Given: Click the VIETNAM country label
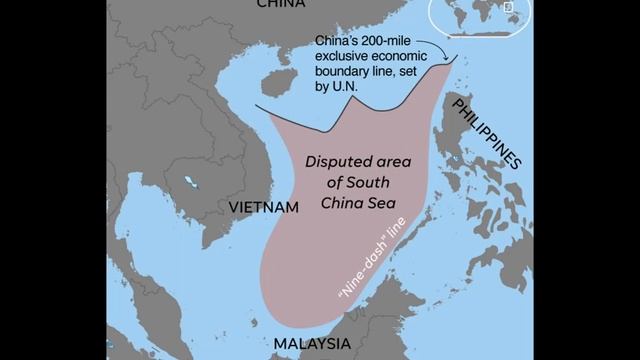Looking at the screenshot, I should coord(264,207).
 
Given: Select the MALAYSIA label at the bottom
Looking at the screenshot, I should coord(311,344).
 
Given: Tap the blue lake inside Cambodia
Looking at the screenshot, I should coord(188,183).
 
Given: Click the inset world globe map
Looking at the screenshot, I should coord(480,17).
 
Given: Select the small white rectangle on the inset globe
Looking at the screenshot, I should coord(508,8).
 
